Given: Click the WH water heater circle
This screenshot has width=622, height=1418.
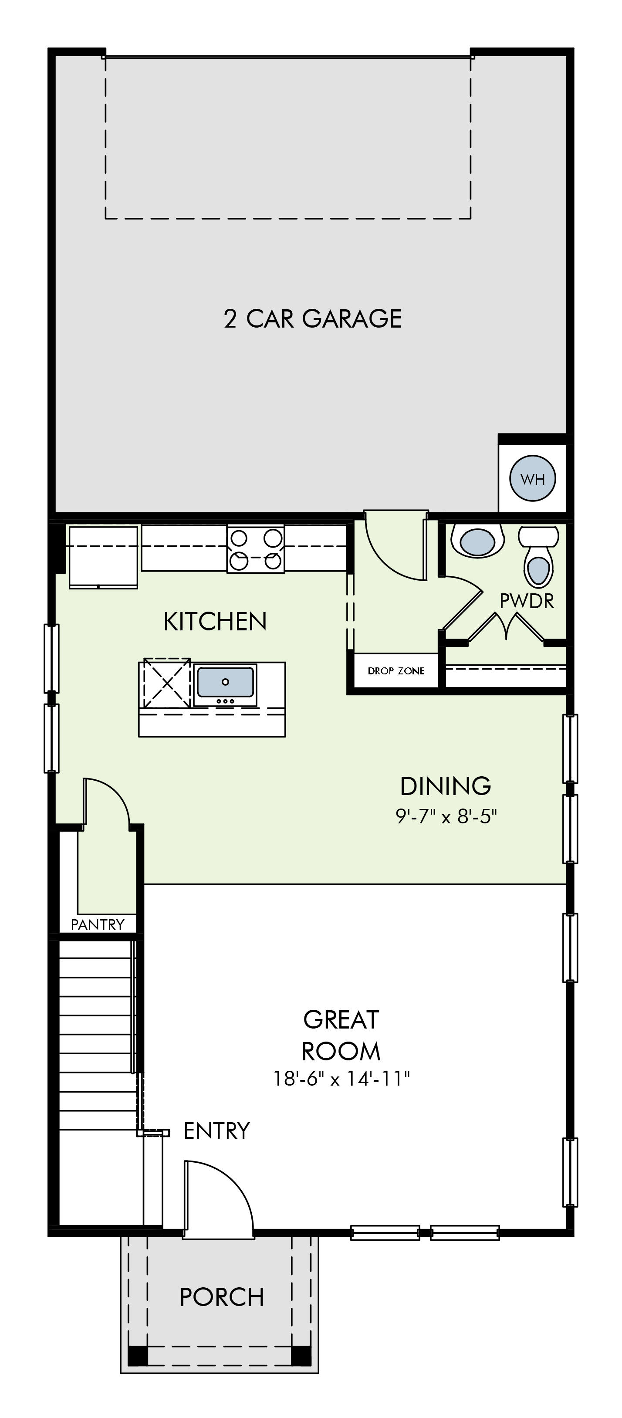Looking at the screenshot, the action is coord(532,478).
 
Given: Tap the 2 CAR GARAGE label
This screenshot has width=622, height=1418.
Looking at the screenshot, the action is coord(313,319).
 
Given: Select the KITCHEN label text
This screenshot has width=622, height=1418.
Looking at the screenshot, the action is coord(215,622).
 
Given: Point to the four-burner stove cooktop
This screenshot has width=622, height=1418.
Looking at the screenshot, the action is coord(256,549).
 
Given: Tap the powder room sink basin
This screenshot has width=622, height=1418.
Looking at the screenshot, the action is coord(477,541).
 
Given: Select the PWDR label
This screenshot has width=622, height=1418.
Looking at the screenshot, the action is coord(527,602).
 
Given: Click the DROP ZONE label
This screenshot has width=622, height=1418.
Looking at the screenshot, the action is coord(396,671).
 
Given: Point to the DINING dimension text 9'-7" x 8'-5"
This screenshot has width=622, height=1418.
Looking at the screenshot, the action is coord(446,816).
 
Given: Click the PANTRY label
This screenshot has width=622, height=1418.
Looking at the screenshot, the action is coord(98,925).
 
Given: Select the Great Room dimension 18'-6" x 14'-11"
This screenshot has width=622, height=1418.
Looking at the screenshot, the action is coord(341,1078).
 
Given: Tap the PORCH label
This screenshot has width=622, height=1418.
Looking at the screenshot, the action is coord(222,1297).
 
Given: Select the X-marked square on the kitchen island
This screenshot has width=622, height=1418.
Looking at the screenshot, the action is coord(167,683).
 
